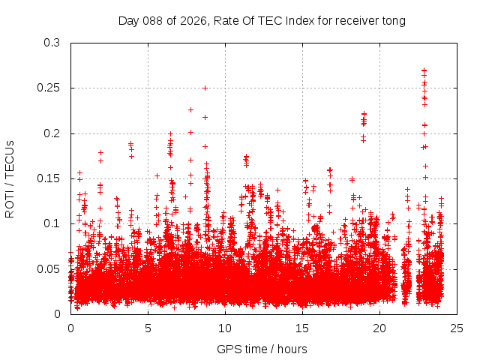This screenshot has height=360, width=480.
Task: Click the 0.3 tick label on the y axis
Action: tap(52, 43)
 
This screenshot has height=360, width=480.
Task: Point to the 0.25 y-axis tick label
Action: tap(49, 88)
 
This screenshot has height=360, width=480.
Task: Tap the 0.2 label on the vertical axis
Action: tap(52, 133)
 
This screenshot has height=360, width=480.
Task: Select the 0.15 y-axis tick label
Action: tap(49, 178)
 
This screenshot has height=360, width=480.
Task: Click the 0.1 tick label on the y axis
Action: tap(52, 223)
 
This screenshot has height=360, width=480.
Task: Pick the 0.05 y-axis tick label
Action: tap(49, 268)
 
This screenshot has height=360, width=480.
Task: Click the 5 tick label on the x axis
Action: tap(148, 328)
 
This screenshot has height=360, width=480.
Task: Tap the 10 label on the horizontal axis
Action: tap(225, 328)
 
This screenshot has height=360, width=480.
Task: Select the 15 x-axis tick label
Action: tap(302, 328)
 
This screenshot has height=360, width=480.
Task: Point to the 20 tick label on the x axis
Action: tap(379, 328)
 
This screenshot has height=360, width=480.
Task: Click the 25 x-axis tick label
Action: tap(457, 328)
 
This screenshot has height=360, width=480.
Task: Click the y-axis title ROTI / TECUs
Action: tap(10, 178)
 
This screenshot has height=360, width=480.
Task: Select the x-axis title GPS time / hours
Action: tap(262, 349)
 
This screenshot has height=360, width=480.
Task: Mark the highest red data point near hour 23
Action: tap(424, 70)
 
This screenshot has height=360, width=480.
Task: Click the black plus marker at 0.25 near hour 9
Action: tap(205, 88)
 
